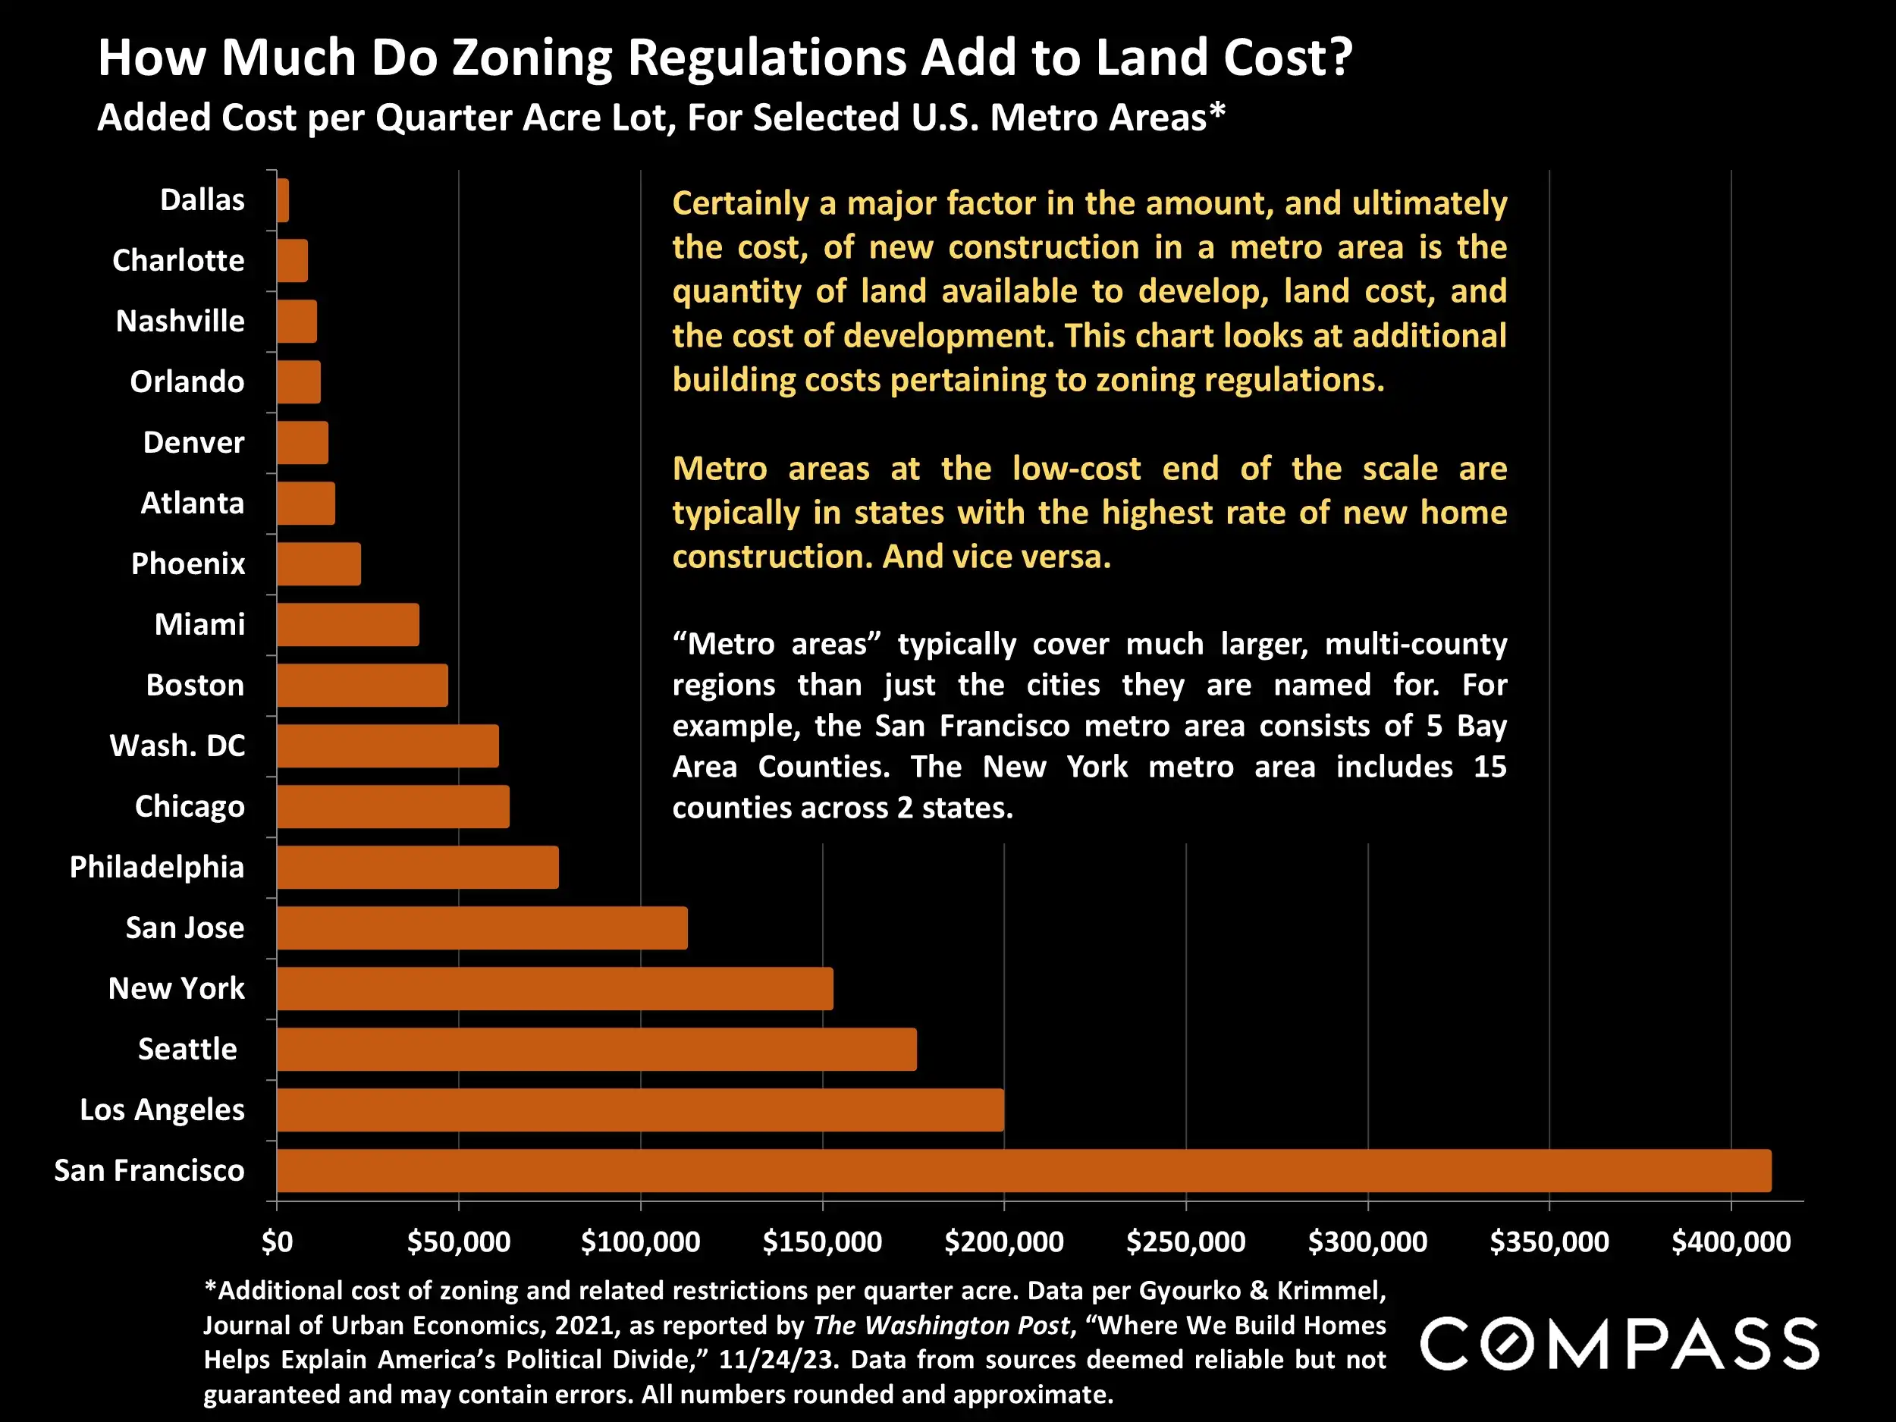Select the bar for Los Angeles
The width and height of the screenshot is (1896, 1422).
[639, 1110]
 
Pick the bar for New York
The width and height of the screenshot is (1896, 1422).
[554, 988]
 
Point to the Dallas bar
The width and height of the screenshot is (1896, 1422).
[283, 200]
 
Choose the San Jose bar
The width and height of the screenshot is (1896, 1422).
[482, 928]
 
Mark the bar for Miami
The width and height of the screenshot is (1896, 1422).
[348, 624]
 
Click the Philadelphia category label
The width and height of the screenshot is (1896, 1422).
[157, 868]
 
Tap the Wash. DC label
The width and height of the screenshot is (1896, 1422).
[177, 746]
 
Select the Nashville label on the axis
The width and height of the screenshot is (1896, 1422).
[180, 322]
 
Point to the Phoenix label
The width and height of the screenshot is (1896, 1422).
[188, 564]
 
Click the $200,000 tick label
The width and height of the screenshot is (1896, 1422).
[1003, 1242]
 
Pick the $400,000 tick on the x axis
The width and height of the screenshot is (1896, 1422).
[1731, 1242]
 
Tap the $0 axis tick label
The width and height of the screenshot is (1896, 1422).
[277, 1242]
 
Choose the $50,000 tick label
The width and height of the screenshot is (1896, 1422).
[459, 1242]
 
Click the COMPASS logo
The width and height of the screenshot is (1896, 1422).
[1619, 1343]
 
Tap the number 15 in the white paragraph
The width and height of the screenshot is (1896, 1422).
[1489, 766]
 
